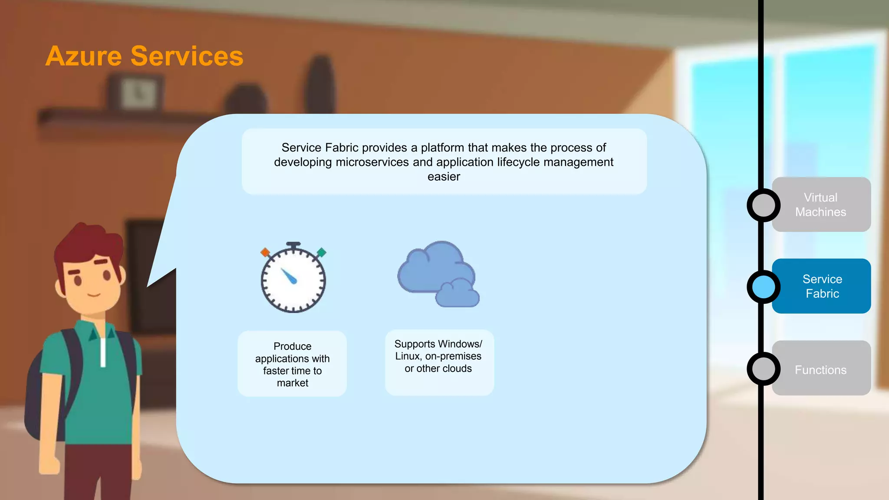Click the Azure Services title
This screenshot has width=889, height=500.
coord(144,56)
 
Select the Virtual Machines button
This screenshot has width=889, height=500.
coord(820,204)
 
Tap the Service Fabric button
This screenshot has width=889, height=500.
coord(821,286)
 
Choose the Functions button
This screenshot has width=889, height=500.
coord(820,369)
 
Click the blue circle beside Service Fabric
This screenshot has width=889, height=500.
coord(764,287)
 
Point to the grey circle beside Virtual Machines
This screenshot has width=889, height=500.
coord(764,205)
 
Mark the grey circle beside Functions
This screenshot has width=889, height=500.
coord(764,369)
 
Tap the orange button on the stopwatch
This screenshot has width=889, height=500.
coord(265,252)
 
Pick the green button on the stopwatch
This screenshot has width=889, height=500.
coord(321,252)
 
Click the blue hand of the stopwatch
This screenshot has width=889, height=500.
coord(289,276)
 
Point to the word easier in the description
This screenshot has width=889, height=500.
coord(444,177)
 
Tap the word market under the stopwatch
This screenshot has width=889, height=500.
coord(293,383)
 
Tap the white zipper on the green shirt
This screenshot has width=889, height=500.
coord(103,352)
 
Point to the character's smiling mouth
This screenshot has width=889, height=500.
coord(94,295)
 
